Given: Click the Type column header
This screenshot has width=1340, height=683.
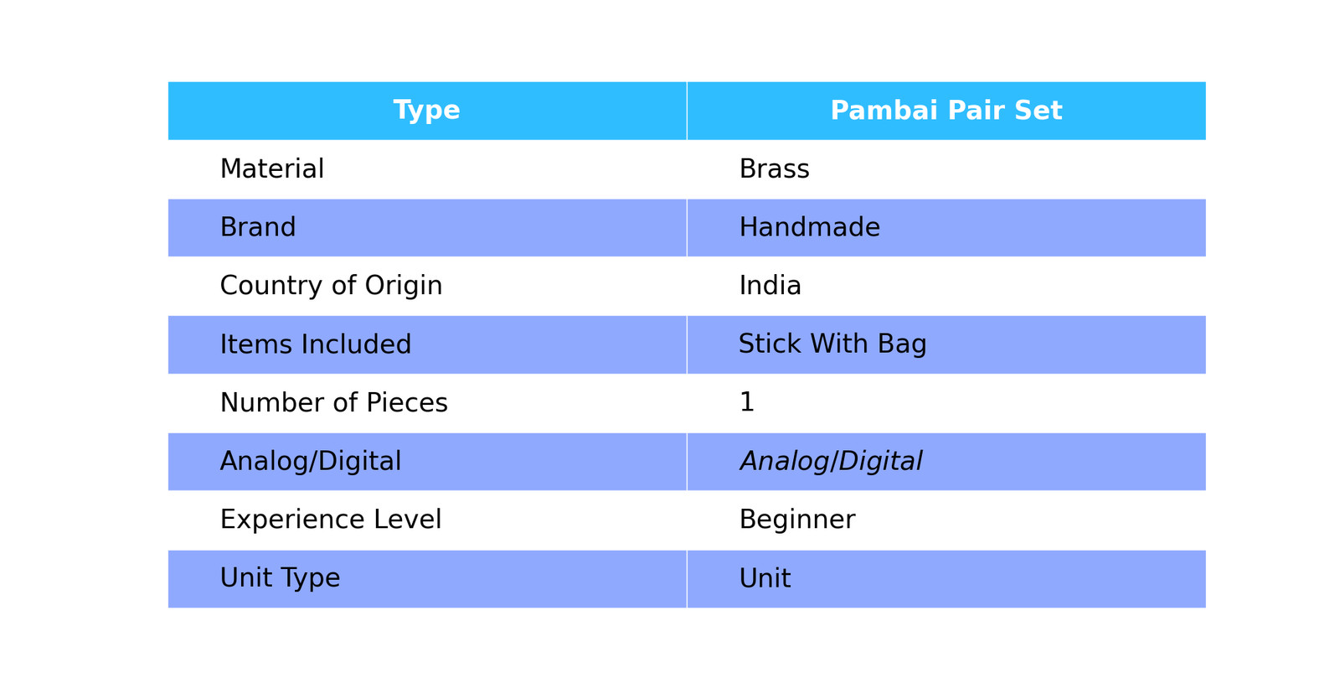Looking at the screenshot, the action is coord(426,111).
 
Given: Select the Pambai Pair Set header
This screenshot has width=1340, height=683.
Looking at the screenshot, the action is coord(946,111).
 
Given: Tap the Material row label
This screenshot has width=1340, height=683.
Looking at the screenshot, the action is coord(272,168).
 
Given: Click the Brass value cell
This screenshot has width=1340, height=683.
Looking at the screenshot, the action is coord(774,168).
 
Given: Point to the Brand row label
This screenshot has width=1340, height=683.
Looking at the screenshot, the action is coord(258,227).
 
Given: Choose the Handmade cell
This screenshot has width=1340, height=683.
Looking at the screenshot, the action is coord(809,227).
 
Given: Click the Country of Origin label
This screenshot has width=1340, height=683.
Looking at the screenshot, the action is coord(331,286).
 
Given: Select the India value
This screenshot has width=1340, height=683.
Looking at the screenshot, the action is coord(770,286).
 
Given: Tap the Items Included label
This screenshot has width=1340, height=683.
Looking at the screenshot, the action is coord(315,344).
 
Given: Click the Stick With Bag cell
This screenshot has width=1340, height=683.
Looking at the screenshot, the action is coord(832,344).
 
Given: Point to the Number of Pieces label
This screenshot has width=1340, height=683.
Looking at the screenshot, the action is coord(334,402).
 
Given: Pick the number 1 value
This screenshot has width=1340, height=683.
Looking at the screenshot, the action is coord(747,401).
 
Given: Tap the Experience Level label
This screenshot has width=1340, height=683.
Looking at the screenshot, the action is coord(331,520).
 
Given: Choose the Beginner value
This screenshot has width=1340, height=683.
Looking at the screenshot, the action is coord(797,520).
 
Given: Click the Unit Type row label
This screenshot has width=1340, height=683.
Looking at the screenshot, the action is coord(280,578).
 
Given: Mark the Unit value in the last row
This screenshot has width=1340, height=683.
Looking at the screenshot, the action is coord(765,578).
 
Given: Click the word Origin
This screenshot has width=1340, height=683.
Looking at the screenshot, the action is coord(403,286).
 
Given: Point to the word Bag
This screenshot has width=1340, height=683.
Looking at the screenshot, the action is coord(902,344).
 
